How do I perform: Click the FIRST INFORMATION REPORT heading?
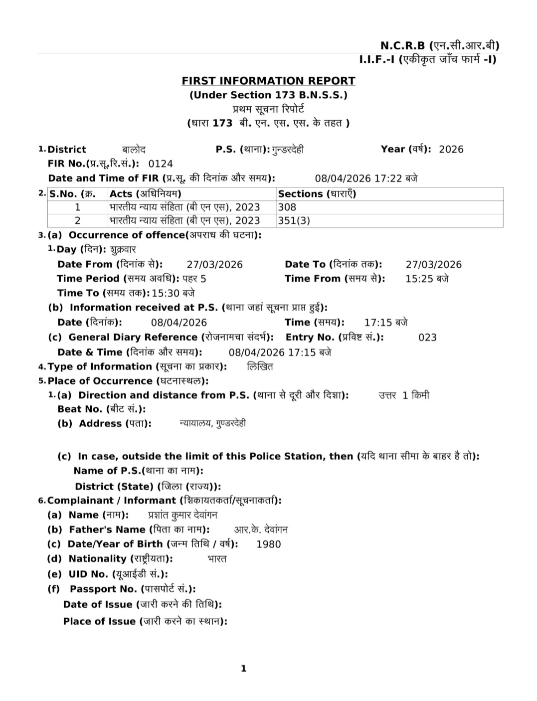pos(268,81)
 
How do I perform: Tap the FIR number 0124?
pos(161,164)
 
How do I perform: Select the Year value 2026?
pos(451,149)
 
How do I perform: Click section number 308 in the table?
pos(287,207)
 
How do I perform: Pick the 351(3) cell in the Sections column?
pos(294,220)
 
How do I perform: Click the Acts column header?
pos(145,194)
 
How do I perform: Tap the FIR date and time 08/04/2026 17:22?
pos(365,178)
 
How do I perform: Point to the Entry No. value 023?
pos(427,338)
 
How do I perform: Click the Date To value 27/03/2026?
pos(434,265)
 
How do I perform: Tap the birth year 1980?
pos(269,544)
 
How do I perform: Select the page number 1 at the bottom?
pos(244,669)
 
